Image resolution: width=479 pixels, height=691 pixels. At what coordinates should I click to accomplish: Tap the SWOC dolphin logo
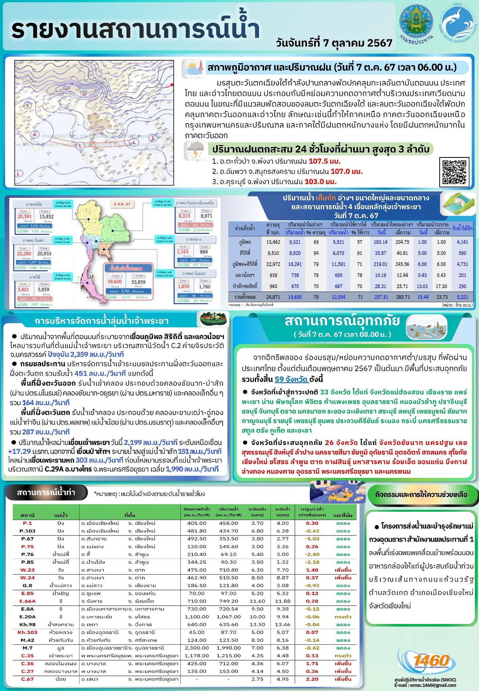coord(458,25)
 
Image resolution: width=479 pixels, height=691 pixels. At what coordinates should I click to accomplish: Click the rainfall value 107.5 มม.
coord(324,161)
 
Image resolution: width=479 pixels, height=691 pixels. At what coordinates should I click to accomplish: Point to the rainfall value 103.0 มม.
coord(321,182)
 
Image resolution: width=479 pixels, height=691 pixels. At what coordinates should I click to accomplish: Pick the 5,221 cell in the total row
coord(462,297)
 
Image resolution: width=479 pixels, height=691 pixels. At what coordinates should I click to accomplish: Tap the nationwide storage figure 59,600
coord(115,281)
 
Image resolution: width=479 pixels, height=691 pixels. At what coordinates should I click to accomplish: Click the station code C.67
coord(27,679)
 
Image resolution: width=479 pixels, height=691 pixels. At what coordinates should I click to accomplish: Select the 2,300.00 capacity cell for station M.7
coord(197,648)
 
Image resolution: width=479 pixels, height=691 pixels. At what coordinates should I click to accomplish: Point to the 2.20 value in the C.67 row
coord(312,679)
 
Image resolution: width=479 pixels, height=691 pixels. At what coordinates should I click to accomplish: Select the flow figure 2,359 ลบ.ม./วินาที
coord(86,354)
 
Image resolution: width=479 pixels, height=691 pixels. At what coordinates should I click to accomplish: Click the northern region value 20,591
coord(25,217)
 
